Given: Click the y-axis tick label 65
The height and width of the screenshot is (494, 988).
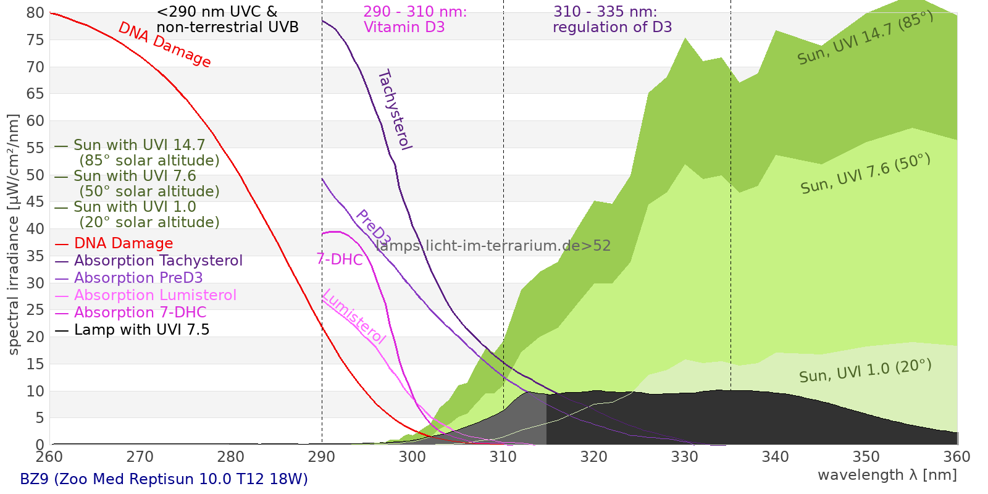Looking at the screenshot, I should click(x=35, y=94).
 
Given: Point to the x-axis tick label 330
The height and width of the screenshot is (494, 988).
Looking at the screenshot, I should click(x=684, y=457).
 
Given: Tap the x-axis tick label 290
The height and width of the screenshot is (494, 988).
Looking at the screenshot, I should click(x=321, y=457).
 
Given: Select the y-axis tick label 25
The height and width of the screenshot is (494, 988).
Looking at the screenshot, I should click(x=35, y=310).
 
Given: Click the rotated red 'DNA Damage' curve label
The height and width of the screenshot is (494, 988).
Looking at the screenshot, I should click(x=165, y=44).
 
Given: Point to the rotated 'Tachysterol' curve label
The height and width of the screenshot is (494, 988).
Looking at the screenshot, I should click(x=394, y=110).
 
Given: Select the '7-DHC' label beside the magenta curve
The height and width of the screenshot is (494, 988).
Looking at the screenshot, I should click(x=340, y=259).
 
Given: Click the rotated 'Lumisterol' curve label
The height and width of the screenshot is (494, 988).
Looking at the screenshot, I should click(x=354, y=316).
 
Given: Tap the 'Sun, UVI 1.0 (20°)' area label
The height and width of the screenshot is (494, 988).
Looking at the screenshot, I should click(x=865, y=371).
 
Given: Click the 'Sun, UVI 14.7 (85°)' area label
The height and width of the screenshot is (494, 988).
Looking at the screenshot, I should click(x=865, y=38).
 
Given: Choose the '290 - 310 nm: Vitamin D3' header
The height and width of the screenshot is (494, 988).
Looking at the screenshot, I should click(x=415, y=20).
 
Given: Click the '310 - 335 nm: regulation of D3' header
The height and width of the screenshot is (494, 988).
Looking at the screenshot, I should click(x=612, y=20).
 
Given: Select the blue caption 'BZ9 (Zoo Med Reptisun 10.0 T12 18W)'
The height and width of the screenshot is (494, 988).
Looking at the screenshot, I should click(x=164, y=479).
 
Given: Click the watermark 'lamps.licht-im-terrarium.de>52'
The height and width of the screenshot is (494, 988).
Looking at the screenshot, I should click(x=493, y=246).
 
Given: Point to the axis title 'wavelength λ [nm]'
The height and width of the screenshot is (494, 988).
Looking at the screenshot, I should click(x=887, y=475).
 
